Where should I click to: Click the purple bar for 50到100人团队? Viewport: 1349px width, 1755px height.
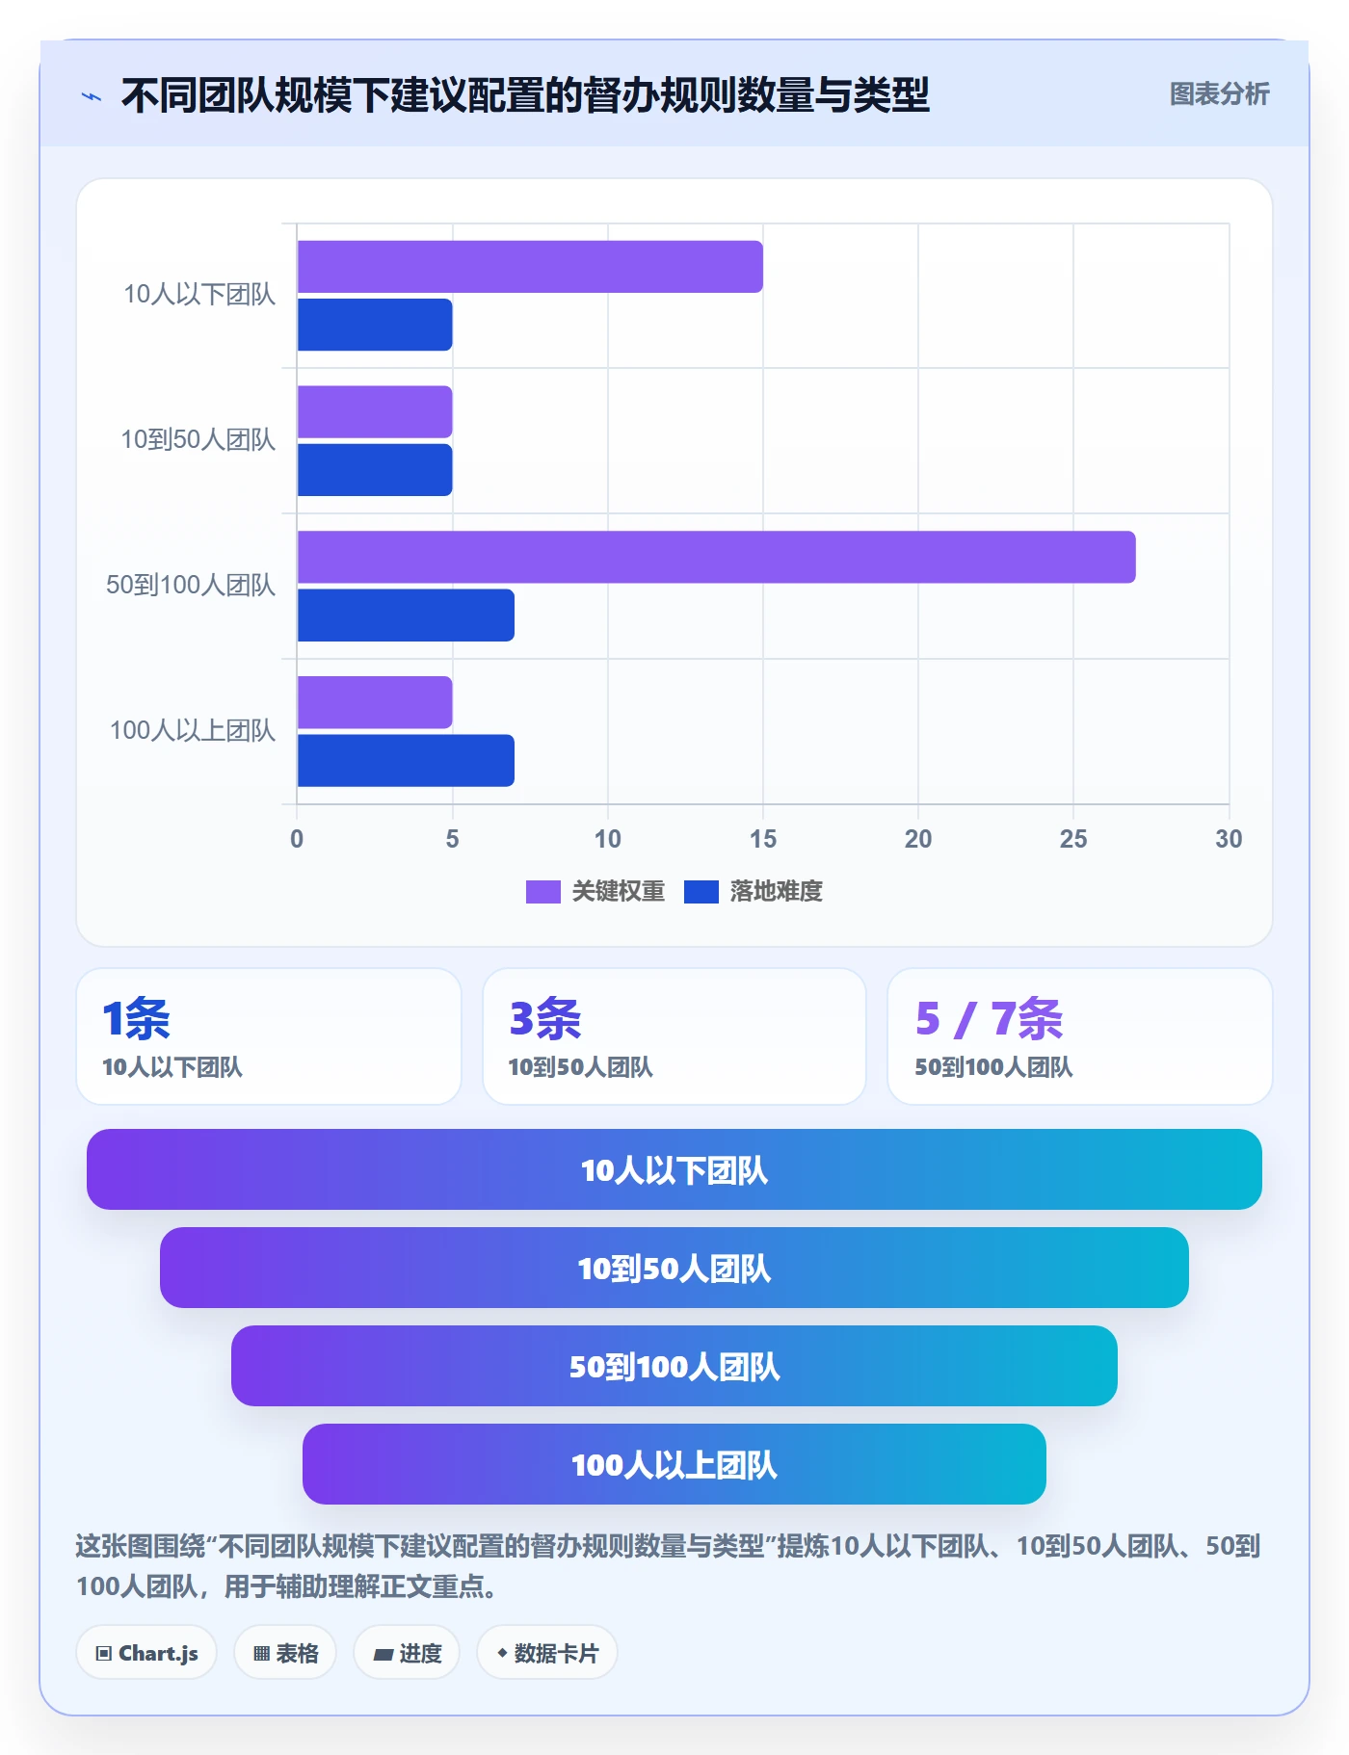click(x=716, y=557)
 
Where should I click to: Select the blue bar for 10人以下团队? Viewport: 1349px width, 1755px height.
click(x=375, y=325)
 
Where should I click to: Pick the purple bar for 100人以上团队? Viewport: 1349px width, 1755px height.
click(x=375, y=702)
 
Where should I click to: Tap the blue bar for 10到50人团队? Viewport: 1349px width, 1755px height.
click(x=375, y=470)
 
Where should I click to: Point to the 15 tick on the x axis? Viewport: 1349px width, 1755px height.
click(x=763, y=839)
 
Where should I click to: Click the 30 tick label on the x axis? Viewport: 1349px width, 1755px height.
click(x=1229, y=839)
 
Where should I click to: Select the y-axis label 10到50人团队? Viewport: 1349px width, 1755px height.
click(x=198, y=440)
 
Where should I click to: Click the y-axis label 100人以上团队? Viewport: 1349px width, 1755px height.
click(x=193, y=731)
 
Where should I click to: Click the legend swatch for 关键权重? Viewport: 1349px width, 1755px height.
click(x=542, y=892)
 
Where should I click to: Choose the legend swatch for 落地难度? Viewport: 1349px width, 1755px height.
click(x=701, y=892)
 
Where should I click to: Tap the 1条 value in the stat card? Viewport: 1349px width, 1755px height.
click(x=136, y=1019)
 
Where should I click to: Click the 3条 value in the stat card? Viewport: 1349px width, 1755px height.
click(x=544, y=1019)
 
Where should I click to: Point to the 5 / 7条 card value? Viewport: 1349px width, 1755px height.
click(x=989, y=1019)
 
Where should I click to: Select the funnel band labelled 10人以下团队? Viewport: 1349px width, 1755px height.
click(x=674, y=1169)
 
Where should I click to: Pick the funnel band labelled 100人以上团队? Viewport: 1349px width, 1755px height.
click(x=674, y=1464)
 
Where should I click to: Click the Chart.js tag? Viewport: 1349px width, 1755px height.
click(x=146, y=1653)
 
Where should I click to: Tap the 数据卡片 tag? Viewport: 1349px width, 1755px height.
click(x=547, y=1653)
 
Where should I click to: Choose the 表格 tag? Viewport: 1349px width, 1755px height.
click(x=285, y=1653)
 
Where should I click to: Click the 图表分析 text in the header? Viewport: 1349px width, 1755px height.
click(x=1219, y=94)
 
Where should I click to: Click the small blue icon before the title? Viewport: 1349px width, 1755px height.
click(x=92, y=96)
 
